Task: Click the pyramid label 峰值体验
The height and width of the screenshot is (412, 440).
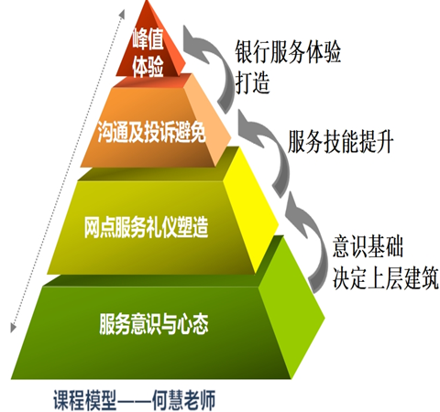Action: (x=148, y=52)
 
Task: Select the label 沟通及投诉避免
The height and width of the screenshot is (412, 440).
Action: (x=152, y=132)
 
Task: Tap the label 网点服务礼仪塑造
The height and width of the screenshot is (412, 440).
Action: (x=147, y=227)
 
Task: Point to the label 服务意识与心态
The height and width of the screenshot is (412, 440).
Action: (x=154, y=324)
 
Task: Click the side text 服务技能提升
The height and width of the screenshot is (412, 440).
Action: (x=340, y=141)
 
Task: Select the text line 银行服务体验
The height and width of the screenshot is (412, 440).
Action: (x=288, y=51)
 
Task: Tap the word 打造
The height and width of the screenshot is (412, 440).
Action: (x=252, y=82)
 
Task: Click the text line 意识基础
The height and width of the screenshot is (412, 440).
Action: (x=368, y=246)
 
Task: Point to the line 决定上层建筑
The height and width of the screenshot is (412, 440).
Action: (x=386, y=278)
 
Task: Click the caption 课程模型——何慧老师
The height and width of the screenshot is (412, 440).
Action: (x=135, y=399)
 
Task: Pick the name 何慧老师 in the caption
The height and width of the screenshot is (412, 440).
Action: (x=184, y=399)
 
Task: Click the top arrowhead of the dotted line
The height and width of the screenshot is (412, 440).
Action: (x=123, y=13)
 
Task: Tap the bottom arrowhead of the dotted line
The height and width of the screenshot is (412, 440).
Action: (x=13, y=328)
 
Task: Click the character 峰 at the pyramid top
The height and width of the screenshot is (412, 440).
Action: (x=148, y=39)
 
